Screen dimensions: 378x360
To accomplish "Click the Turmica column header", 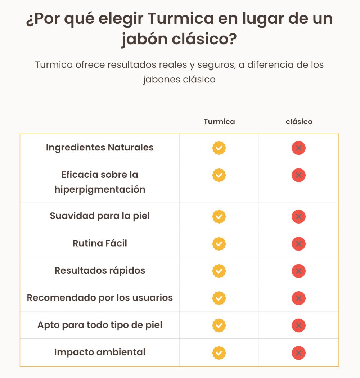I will [x=219, y=122].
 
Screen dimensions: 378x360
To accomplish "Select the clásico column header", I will [x=299, y=122].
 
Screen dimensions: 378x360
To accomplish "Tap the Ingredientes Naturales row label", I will [x=100, y=148].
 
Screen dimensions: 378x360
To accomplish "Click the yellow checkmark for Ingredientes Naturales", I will [x=219, y=148].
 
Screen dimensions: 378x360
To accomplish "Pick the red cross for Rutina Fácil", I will [x=298, y=244].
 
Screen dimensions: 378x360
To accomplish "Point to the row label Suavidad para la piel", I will [x=100, y=216].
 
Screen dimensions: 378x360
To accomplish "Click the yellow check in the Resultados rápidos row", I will [x=219, y=271].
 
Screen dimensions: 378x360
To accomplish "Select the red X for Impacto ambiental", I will [x=298, y=353].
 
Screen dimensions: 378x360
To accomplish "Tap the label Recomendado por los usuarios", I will [x=100, y=298].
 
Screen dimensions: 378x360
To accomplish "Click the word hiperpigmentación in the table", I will [x=100, y=189].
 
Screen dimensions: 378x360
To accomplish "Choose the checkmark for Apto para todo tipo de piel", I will [x=219, y=325].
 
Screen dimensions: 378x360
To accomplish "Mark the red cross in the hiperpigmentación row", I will [x=298, y=175].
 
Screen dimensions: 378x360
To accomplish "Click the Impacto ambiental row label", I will [x=100, y=352].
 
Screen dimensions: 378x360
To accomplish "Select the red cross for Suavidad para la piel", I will [x=298, y=217].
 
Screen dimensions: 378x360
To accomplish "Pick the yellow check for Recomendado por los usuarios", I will [x=219, y=298].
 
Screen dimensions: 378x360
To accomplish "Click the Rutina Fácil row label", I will [x=100, y=243].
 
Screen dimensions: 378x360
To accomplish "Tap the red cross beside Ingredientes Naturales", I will [x=298, y=148].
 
